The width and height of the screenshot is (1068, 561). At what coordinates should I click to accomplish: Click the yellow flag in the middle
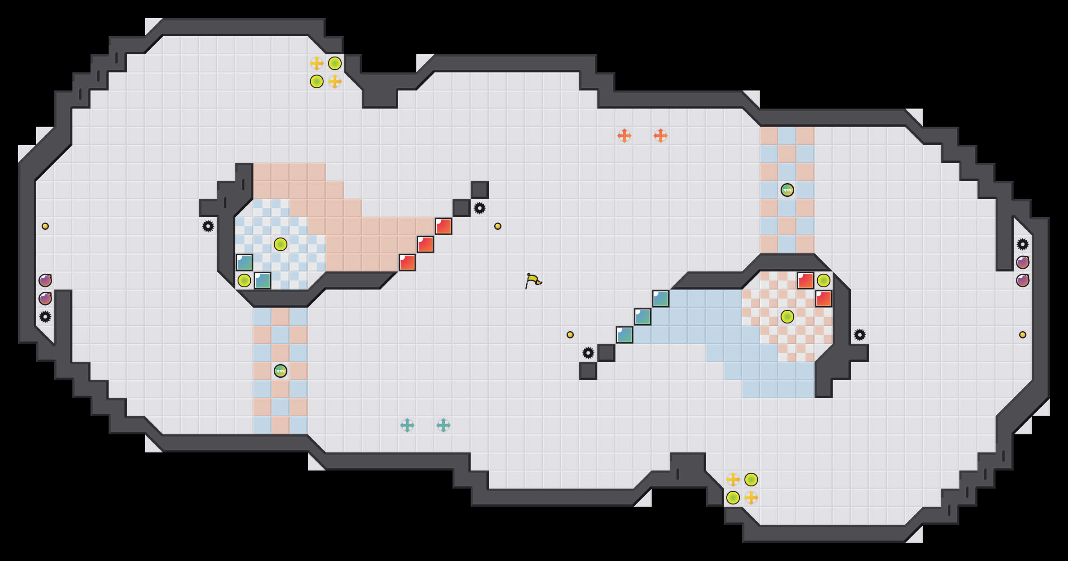point(533,280)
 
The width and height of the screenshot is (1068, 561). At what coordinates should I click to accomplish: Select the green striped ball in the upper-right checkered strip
point(787,190)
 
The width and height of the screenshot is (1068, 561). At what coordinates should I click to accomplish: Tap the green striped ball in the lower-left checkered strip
point(281,371)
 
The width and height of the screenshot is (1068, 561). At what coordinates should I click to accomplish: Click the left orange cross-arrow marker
point(624,135)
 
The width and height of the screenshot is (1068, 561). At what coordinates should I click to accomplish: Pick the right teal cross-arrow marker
point(443,425)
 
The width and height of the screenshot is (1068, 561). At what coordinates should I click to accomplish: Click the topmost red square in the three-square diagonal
point(443,226)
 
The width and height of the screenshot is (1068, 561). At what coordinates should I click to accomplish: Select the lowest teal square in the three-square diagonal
point(625,335)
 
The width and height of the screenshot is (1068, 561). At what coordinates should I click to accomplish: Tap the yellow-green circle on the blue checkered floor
point(281,244)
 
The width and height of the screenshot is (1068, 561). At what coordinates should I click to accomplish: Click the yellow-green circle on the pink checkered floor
point(787,317)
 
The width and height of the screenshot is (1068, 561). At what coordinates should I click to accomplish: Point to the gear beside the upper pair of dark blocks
point(480,208)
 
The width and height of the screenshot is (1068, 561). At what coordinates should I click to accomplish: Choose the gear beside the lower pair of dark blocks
point(588,353)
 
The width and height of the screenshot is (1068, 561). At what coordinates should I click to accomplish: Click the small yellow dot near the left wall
point(45,226)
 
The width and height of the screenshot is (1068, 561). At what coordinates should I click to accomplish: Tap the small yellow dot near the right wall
point(1022,335)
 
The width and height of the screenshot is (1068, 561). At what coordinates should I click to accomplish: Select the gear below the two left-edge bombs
point(45,317)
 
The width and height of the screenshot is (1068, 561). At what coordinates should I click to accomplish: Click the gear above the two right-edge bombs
point(1022,244)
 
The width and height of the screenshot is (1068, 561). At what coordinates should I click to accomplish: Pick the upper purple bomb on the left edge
point(45,280)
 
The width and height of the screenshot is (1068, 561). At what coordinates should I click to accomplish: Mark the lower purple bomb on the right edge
point(1022,280)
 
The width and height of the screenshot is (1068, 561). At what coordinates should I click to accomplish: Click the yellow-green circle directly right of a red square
point(823,280)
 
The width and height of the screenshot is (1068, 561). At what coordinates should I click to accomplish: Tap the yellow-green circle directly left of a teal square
point(244,280)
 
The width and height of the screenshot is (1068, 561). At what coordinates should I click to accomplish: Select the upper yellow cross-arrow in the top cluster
point(317,63)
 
